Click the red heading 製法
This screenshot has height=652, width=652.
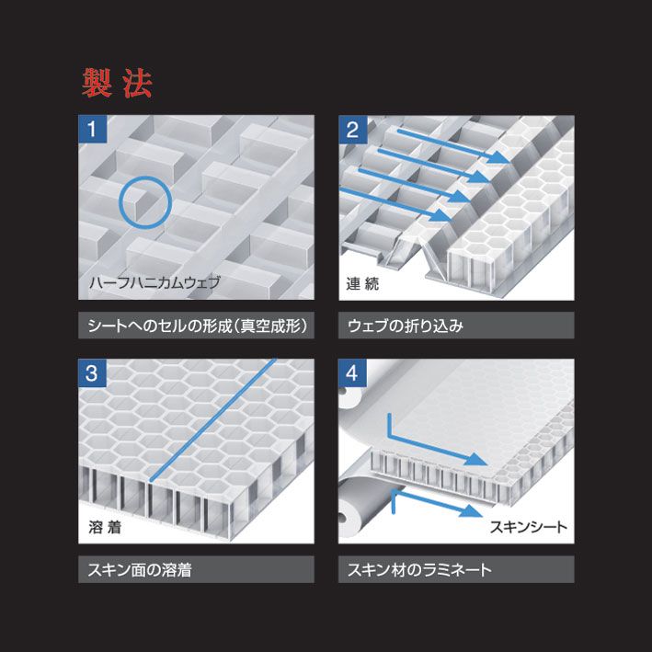pyautogui.click(x=117, y=84)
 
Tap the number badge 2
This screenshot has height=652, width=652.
pyautogui.click(x=351, y=129)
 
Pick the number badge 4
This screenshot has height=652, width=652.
pyautogui.click(x=351, y=373)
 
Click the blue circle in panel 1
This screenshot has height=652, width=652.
pyautogui.click(x=144, y=202)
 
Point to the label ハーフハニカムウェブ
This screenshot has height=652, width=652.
pyautogui.click(x=154, y=282)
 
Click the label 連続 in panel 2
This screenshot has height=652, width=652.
pyautogui.click(x=362, y=284)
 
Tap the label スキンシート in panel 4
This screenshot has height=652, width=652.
pyautogui.click(x=528, y=527)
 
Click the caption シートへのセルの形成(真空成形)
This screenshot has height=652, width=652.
pyautogui.click(x=196, y=326)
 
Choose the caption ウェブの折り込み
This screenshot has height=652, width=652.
pyautogui.click(x=406, y=326)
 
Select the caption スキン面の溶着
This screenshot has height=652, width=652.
pyautogui.click(x=140, y=570)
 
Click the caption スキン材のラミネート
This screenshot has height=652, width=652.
pyautogui.click(x=419, y=570)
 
